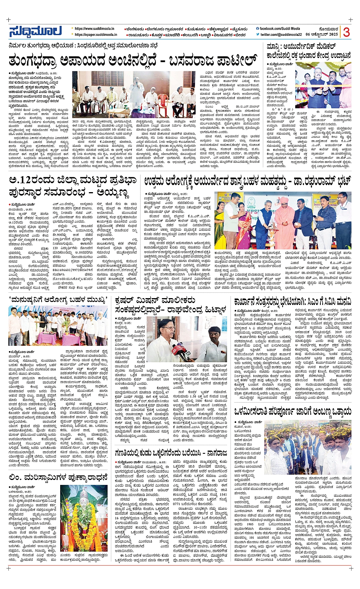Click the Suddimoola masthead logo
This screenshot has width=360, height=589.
(35, 32)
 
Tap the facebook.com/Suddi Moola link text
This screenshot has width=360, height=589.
(280, 29)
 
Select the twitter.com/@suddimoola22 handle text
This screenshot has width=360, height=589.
(280, 35)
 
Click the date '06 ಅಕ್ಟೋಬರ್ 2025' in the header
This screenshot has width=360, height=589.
(323, 35)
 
